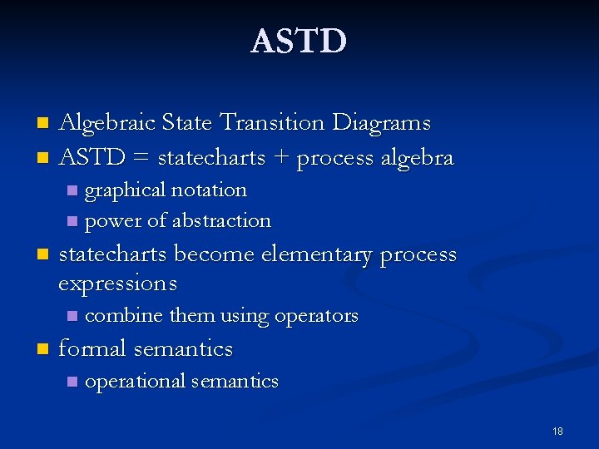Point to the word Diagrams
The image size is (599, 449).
point(381,123)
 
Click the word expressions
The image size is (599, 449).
point(117,284)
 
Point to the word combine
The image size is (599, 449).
point(124,316)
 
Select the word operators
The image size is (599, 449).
point(316,317)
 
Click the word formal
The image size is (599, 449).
point(92,348)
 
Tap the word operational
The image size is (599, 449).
point(135,382)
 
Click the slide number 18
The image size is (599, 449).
point(557,432)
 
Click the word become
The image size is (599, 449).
point(215,254)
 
